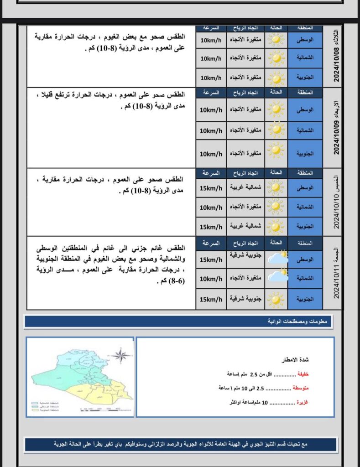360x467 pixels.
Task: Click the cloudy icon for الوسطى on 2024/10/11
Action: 277,259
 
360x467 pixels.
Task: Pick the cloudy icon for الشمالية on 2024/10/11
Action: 277,277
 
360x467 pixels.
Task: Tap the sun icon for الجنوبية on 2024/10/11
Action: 276,299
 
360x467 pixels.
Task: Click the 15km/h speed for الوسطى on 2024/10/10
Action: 211,188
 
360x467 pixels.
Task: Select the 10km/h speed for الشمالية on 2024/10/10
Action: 211,207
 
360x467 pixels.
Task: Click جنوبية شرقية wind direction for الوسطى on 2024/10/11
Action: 244,255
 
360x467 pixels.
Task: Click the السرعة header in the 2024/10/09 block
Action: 211,92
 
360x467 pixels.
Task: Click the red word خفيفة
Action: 303,374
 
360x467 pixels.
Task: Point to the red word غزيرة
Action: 303,403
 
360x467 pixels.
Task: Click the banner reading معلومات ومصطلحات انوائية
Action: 179,322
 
